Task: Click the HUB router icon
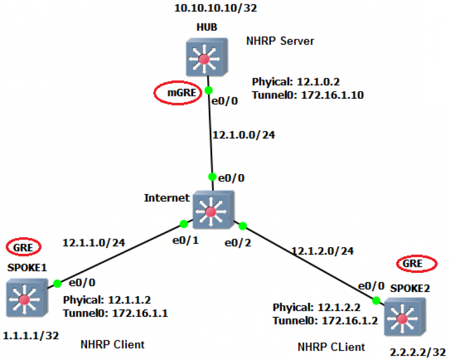coord(207,57)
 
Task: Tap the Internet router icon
coord(214,210)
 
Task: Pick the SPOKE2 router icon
coord(405,317)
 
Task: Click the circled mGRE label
coord(178,93)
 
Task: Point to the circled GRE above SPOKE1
coord(24,247)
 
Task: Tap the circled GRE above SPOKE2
coord(417,263)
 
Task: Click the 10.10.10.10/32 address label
coord(215,8)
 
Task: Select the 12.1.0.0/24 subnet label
coord(244,134)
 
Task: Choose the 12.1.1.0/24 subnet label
coord(94,243)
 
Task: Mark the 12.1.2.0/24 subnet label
coord(323,251)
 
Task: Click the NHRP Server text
coord(280,41)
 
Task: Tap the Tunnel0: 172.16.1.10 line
coord(308,95)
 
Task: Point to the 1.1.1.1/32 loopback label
coord(31,335)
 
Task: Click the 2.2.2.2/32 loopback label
coord(418,352)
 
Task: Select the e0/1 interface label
coord(185,240)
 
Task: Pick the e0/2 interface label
coord(238,243)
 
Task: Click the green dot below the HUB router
coord(209,90)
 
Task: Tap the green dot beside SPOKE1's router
coord(57,284)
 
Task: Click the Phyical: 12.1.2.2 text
coord(316,307)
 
